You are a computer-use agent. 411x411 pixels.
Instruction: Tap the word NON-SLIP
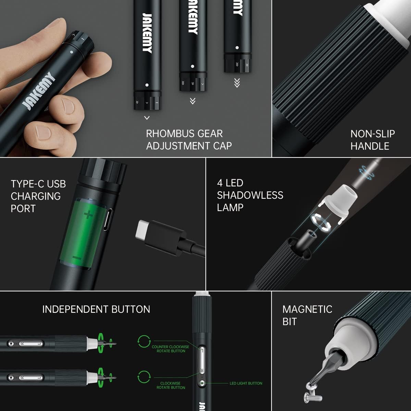coord(372,134)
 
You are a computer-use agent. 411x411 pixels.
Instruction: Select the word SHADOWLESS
coord(250,195)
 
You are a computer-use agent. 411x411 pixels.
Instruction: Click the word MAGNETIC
coord(307,309)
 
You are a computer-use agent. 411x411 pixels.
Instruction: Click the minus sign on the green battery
coord(77,258)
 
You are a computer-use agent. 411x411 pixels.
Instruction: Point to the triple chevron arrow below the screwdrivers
coord(237,83)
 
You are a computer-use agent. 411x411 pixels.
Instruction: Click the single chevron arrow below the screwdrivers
coord(147,118)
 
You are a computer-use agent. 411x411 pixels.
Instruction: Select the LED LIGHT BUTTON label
coord(246,383)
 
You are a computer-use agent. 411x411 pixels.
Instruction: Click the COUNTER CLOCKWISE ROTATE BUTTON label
coord(170,349)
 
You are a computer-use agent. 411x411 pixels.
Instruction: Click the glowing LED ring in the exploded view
coord(321,222)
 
